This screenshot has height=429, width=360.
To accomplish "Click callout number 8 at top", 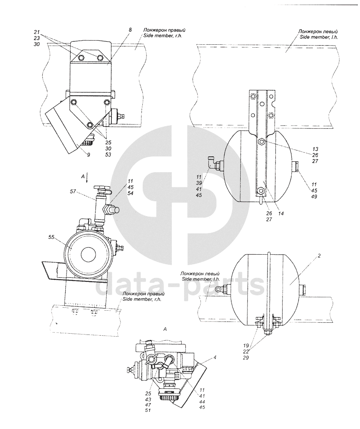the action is (130, 30).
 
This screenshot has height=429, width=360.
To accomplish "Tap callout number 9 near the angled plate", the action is (88, 155).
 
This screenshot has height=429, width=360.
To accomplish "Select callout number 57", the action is (72, 192).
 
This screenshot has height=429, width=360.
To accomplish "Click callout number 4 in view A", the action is (216, 357).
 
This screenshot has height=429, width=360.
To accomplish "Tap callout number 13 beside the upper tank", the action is (315, 149).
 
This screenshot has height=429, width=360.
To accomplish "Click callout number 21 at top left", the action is (37, 32).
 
